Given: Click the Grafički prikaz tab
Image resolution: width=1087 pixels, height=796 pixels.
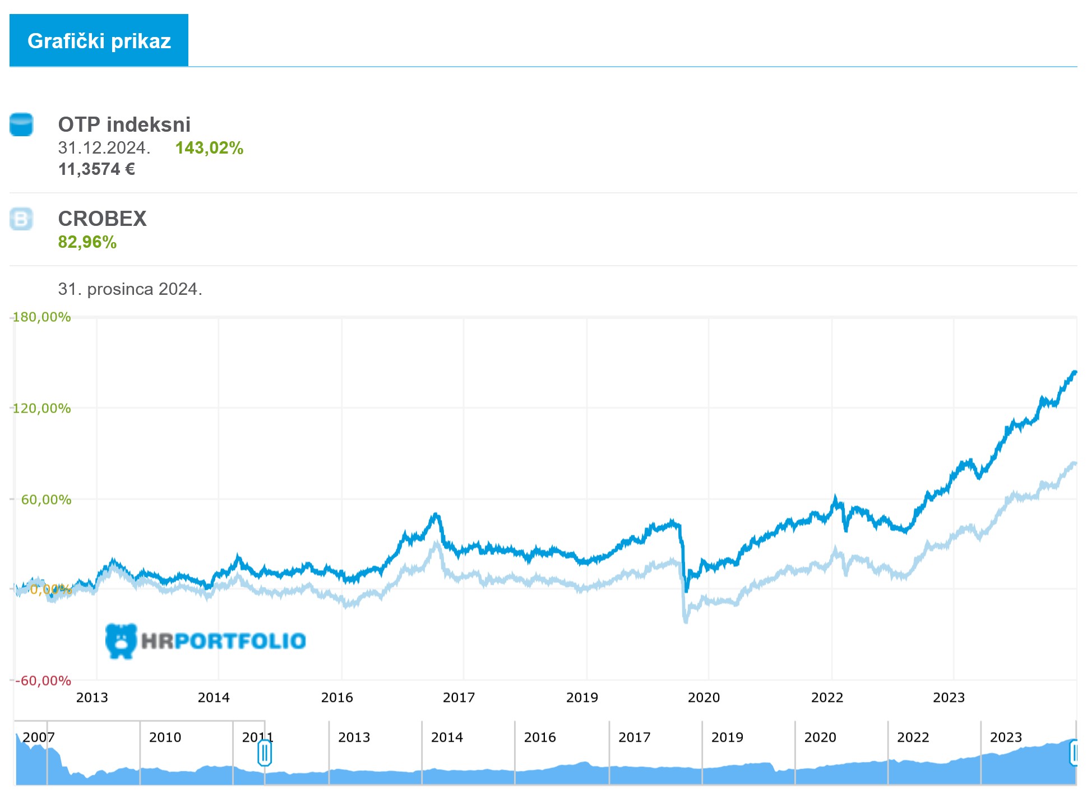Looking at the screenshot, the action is (x=99, y=40).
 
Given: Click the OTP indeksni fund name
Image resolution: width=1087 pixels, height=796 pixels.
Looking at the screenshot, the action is (x=124, y=124).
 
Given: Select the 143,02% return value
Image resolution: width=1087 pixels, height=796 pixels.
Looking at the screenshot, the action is (x=209, y=148).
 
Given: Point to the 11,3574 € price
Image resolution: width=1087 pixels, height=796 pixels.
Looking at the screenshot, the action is (x=96, y=169).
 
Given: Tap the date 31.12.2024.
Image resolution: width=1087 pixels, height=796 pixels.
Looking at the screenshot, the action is (x=104, y=148).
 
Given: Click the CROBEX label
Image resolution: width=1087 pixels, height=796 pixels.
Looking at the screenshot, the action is (x=102, y=219).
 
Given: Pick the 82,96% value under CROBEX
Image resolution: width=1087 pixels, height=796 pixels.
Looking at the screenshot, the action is (x=87, y=242).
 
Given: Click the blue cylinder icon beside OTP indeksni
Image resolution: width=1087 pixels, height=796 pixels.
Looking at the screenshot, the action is (x=21, y=124).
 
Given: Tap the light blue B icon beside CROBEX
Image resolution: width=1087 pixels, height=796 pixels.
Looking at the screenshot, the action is (x=21, y=219).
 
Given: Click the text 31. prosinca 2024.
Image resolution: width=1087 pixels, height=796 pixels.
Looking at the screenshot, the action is (x=130, y=289).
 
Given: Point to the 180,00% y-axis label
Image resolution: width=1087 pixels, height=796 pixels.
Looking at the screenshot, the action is (x=41, y=317).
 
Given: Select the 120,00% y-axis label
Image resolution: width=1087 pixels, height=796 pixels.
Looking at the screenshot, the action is (x=41, y=408).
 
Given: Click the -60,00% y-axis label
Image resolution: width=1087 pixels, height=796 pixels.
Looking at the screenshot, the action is (x=43, y=681).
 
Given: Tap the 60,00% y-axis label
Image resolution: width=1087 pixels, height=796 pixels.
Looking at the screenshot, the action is (x=46, y=499).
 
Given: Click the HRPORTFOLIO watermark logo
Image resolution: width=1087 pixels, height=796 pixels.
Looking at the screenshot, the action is (x=206, y=641).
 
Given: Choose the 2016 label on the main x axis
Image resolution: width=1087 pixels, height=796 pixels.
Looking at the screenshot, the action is (x=337, y=697).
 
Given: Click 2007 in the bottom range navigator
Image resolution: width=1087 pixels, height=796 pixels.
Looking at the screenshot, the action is (x=39, y=737).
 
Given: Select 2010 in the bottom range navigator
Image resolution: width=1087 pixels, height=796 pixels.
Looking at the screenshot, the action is (x=165, y=737).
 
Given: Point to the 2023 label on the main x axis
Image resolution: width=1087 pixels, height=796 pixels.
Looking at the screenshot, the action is (x=949, y=697).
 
